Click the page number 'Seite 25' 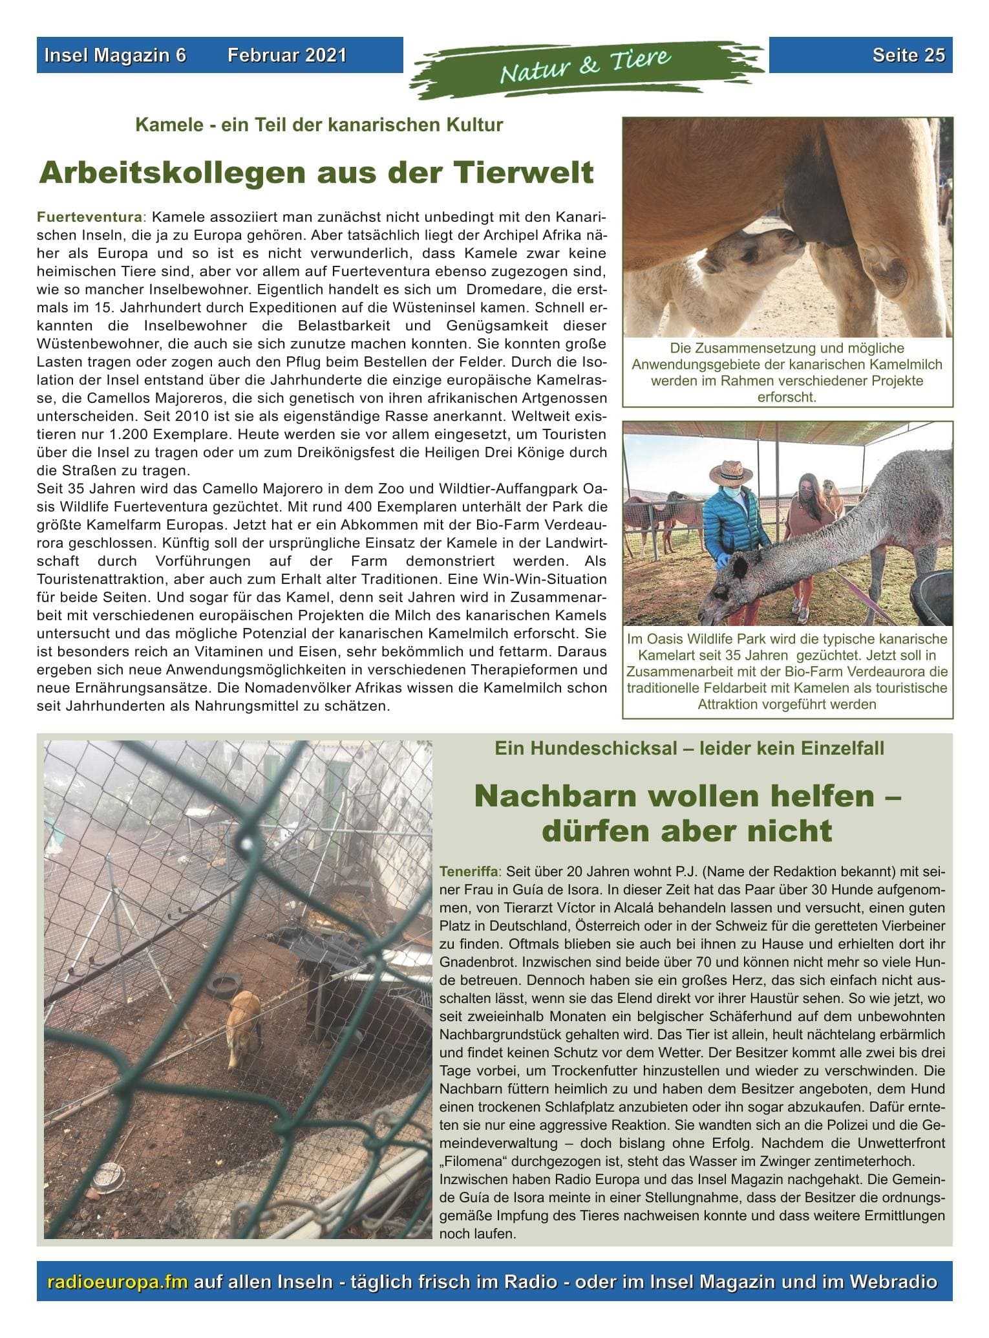[908, 56]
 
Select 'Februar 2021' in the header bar [286, 56]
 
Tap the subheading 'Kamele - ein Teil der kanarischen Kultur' [319, 125]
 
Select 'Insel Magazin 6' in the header [115, 56]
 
